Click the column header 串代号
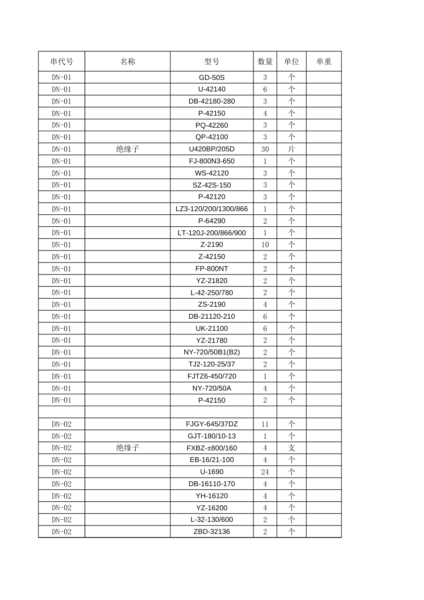point(62,62)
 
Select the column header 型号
point(212,62)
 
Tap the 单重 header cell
point(324,62)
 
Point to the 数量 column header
point(265,62)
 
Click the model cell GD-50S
point(212,78)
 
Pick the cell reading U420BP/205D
point(212,149)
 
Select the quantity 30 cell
point(265,149)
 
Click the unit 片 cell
point(291,149)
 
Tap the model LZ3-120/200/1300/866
point(212,209)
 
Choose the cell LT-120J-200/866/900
point(212,233)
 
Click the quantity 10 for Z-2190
point(265,245)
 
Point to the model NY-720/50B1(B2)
point(212,352)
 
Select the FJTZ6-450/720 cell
point(212,376)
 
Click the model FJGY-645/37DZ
point(212,424)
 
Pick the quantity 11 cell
point(265,424)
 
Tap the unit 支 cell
point(291,448)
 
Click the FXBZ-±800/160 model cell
point(212,448)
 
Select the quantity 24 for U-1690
point(265,472)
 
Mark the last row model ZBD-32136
point(212,532)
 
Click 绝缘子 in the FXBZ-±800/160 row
point(128,448)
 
